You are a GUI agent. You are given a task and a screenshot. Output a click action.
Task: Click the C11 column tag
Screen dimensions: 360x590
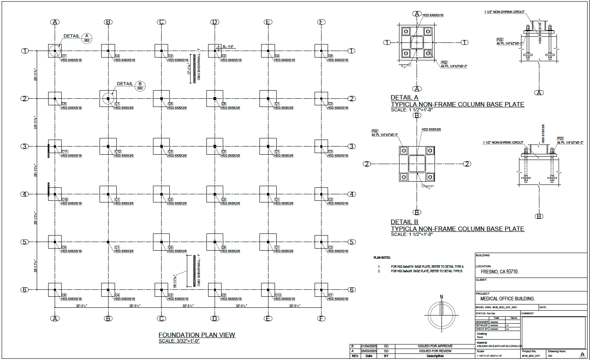[x=65, y=151]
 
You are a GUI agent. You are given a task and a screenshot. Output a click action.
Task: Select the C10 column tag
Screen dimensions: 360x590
[x=65, y=200]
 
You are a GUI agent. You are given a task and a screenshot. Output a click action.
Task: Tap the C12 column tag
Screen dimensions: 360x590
[x=118, y=151]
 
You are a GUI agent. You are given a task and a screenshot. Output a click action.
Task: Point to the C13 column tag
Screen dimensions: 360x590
[x=278, y=295]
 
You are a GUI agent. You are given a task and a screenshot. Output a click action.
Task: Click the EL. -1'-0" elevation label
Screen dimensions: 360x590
[x=228, y=47]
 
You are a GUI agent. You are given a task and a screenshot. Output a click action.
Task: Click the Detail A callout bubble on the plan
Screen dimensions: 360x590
[x=87, y=38]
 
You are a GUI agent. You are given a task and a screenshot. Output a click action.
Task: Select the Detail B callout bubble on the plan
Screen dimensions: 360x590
[x=140, y=86]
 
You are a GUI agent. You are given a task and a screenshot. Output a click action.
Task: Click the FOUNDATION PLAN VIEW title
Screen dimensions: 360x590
[x=197, y=335]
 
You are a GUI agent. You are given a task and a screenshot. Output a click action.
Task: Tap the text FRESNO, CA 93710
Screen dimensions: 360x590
[x=499, y=272]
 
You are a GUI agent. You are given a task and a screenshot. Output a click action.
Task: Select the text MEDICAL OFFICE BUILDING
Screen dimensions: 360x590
[x=507, y=299]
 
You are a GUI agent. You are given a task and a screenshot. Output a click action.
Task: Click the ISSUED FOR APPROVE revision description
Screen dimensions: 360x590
[x=435, y=346]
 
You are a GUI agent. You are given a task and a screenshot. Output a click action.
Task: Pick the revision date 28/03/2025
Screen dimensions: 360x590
[x=369, y=351]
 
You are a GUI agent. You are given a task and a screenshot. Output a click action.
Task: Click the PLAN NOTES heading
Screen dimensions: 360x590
[x=382, y=258]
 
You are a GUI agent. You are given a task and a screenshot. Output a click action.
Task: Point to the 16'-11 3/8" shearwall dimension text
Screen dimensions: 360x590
[x=175, y=281]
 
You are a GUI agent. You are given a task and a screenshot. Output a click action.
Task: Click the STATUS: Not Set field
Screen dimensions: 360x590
[x=486, y=313]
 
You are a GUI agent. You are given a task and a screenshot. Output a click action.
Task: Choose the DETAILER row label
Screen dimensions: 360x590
[x=481, y=325]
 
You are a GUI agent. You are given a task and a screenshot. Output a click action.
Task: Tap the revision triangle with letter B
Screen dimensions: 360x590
[x=582, y=355]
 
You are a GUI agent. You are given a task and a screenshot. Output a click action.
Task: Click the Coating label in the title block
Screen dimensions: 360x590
[x=481, y=333]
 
